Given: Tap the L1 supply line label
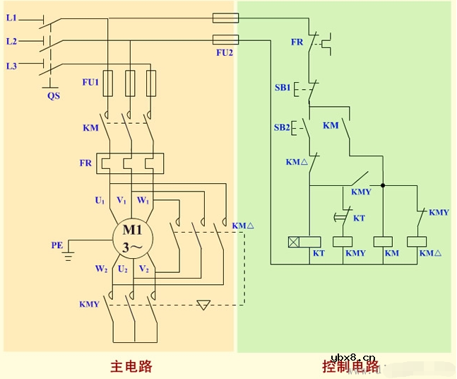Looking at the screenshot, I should (x=11, y=17).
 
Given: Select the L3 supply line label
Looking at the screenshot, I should (x=11, y=66).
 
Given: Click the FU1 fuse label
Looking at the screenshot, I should (x=90, y=82).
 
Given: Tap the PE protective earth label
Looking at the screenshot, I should (x=57, y=245).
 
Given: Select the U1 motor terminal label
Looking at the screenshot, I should (x=100, y=201).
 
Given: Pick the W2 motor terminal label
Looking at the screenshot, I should (x=102, y=269).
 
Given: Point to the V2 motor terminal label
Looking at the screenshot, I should (x=143, y=269).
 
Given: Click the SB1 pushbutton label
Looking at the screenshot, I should (x=283, y=88).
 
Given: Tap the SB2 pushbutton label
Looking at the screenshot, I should (x=282, y=127).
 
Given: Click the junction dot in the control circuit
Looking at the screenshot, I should (x=381, y=186).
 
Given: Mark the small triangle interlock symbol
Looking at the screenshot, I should (x=204, y=305).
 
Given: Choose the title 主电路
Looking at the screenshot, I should (x=131, y=366).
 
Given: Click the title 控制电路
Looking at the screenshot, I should (x=350, y=366).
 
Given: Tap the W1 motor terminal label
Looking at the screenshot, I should (x=143, y=201).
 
